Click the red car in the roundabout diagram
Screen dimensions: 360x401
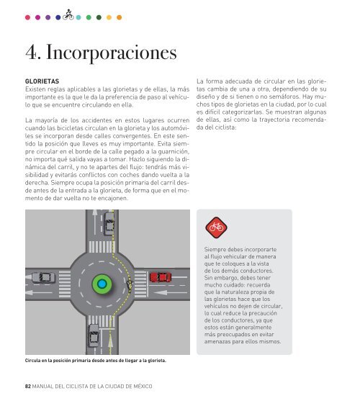click(161, 277)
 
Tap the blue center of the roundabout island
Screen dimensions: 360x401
click(102, 284)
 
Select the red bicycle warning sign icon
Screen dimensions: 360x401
click(216, 227)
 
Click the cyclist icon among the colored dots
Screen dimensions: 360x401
click(68, 15)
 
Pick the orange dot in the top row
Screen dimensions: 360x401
click(119, 17)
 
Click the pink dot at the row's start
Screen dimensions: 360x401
click(27, 17)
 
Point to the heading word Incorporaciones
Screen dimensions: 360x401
click(111, 53)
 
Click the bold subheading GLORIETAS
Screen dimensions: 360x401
click(42, 81)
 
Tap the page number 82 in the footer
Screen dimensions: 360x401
click(28, 386)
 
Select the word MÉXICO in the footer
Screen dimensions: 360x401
click(143, 386)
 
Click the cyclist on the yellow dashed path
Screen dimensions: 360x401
click(130, 285)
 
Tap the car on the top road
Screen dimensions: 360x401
click(109, 223)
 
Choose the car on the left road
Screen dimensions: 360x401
click(43, 277)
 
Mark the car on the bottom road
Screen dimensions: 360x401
click(94, 335)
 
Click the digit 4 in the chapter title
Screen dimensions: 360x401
click(31, 53)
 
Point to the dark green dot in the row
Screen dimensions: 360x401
click(99, 17)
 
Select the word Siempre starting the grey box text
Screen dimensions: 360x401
click(215, 250)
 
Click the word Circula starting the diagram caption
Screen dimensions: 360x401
click(32, 361)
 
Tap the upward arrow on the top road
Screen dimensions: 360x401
click(95, 222)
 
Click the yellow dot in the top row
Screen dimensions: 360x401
click(109, 17)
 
